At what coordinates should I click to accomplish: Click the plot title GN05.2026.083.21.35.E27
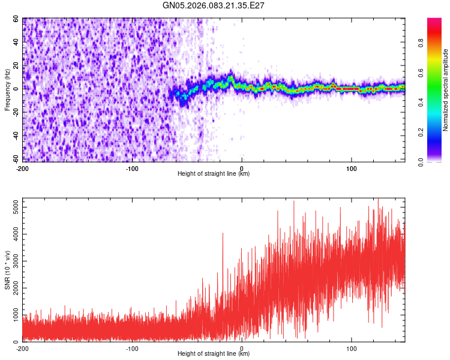click(214, 5)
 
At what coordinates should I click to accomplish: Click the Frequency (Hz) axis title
click(7, 89)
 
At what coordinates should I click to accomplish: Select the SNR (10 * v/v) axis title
click(7, 270)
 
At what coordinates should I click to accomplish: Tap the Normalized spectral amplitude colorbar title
click(446, 91)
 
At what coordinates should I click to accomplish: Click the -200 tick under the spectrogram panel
click(23, 167)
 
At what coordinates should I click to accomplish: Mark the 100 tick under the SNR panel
click(351, 348)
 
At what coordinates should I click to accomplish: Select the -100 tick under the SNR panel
click(132, 348)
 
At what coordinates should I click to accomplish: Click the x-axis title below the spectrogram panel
click(214, 174)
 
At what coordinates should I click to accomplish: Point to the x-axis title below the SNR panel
click(214, 354)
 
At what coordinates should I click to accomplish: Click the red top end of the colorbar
click(434, 21)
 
